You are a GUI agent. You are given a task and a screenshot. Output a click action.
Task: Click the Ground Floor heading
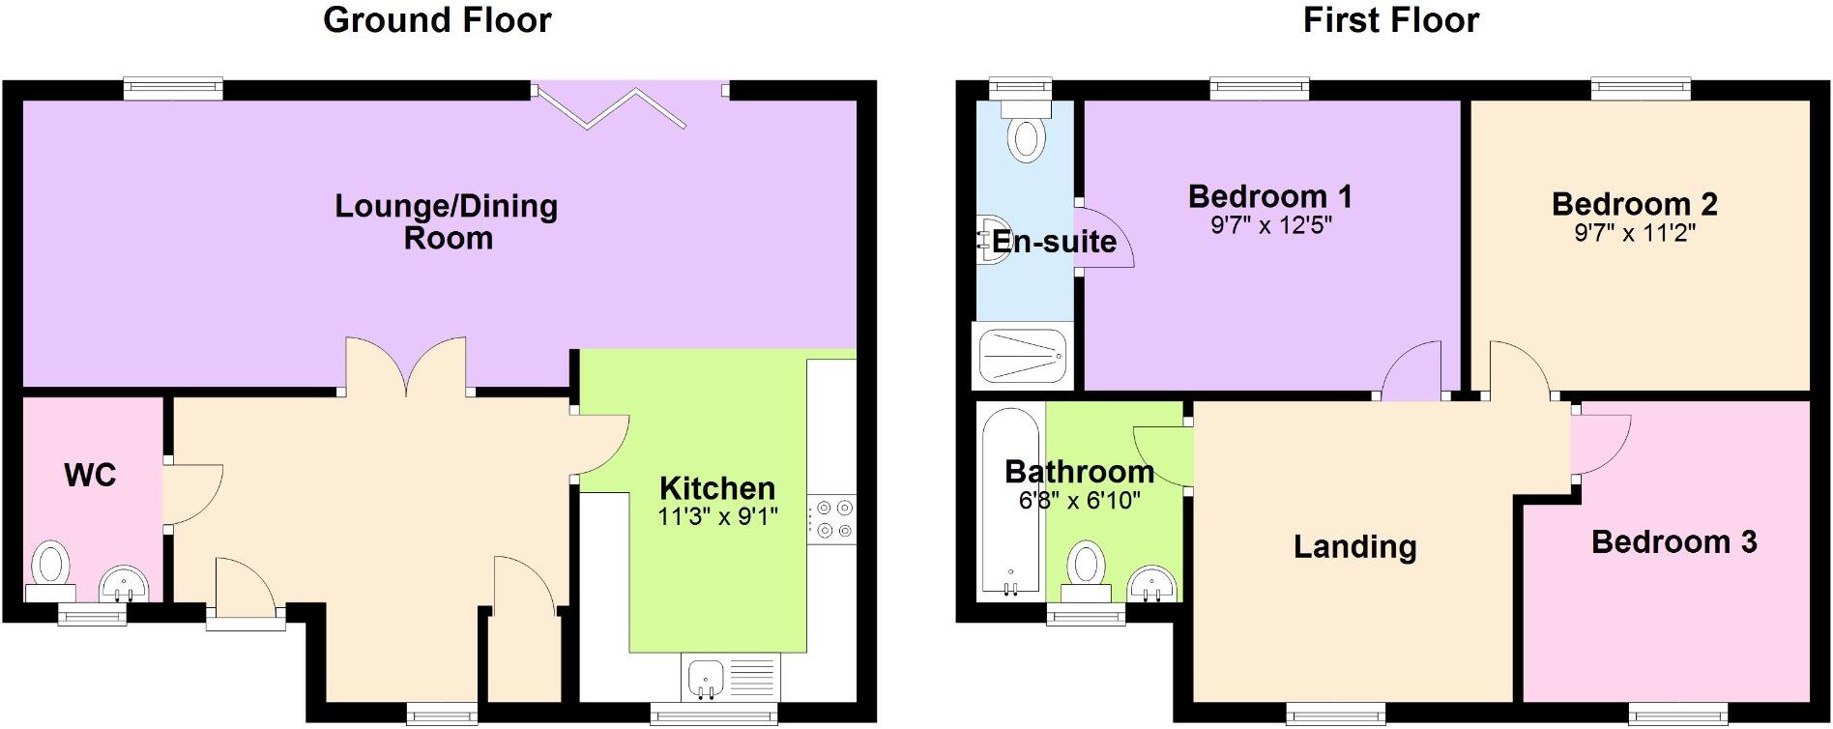tap(437, 20)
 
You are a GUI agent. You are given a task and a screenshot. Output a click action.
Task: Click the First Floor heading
tap(1390, 20)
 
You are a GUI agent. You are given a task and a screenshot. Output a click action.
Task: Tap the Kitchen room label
tap(716, 488)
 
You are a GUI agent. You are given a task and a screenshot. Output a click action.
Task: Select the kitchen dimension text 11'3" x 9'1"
tap(716, 517)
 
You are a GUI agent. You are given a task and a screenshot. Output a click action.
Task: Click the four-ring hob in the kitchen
tap(832, 519)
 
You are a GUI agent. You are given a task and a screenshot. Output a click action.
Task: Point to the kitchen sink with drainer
tap(731, 677)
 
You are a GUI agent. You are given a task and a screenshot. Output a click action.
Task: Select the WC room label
tap(90, 475)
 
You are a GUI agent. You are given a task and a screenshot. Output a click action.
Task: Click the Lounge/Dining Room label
tap(447, 221)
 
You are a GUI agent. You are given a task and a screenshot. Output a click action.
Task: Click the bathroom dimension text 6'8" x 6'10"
tap(1080, 501)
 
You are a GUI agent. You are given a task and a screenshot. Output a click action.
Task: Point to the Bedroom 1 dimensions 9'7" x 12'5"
tap(1270, 226)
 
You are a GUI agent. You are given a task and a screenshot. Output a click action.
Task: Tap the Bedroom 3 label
tap(1673, 541)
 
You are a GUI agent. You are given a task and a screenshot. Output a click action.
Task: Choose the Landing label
tap(1354, 546)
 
